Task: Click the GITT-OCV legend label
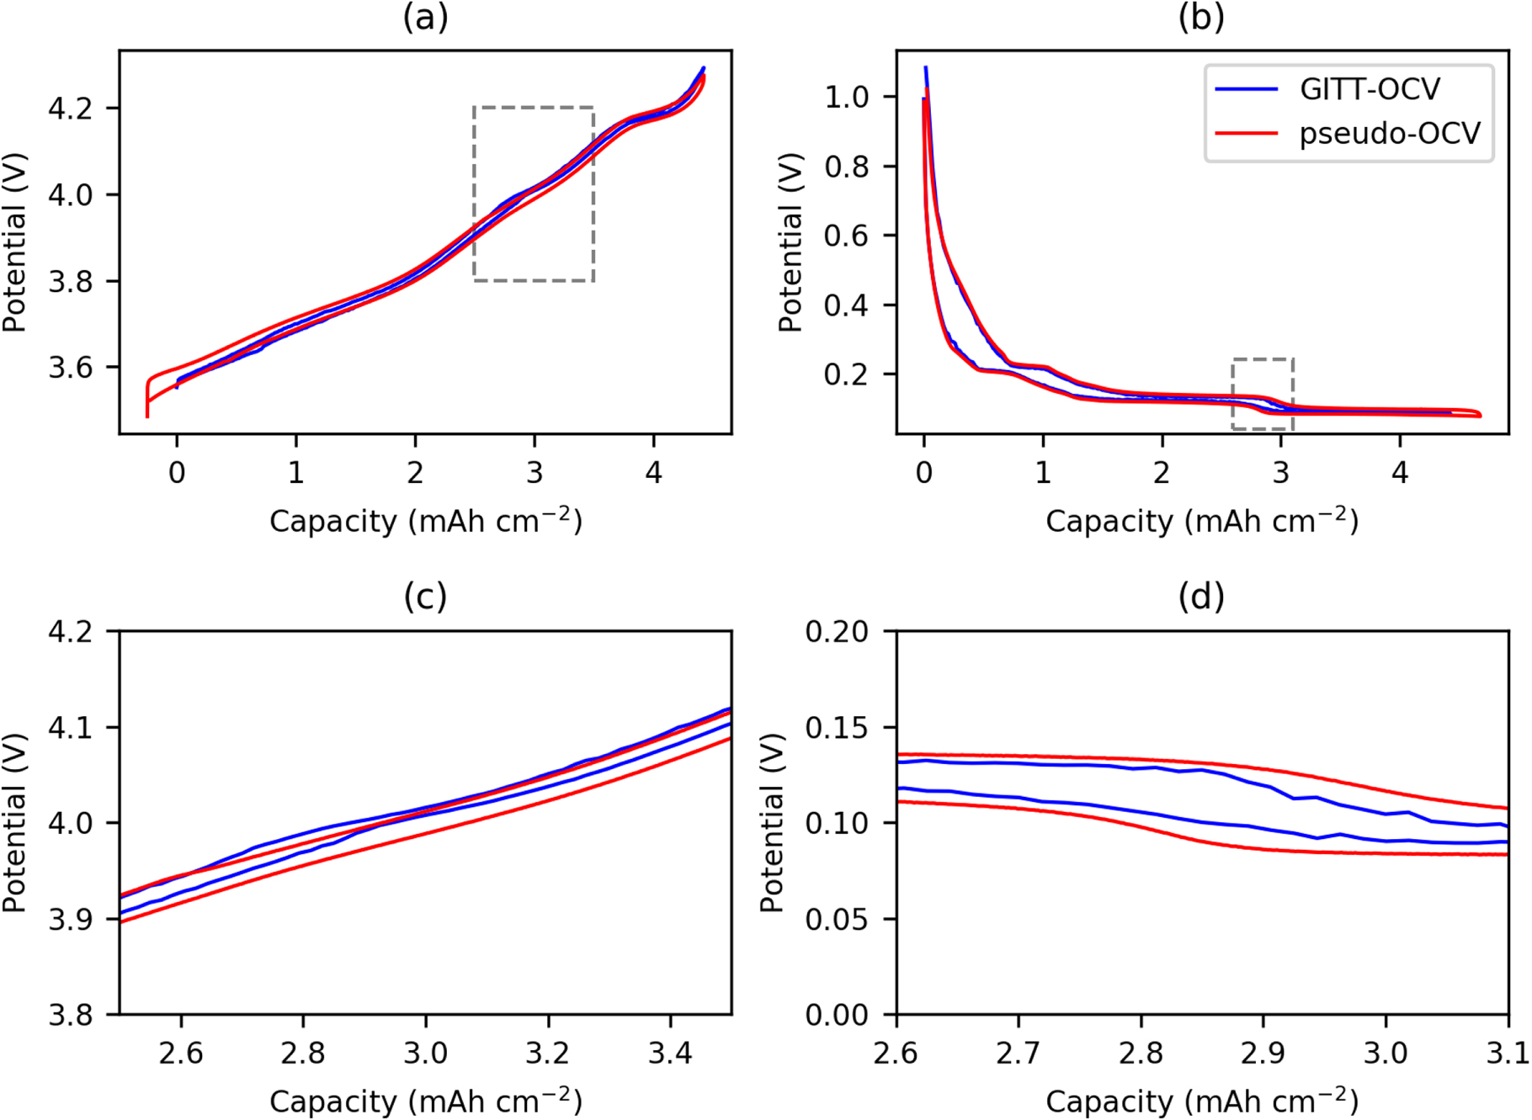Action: (1370, 89)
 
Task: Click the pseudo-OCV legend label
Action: (1389, 133)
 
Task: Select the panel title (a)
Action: (425, 18)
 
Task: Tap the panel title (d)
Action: (1201, 597)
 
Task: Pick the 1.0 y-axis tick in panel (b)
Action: (846, 98)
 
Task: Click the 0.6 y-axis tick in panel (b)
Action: (846, 236)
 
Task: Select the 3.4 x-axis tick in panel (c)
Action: (670, 1052)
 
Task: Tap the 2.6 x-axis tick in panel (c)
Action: (181, 1052)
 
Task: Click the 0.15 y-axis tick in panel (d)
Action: (837, 727)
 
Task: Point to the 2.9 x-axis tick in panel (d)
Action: (1263, 1052)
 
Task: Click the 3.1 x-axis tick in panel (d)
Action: (1507, 1052)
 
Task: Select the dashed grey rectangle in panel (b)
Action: (1263, 360)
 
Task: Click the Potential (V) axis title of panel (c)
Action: (14, 823)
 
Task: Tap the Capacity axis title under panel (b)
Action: (1201, 521)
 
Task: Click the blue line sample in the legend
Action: (1246, 89)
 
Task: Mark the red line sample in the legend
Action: (1246, 133)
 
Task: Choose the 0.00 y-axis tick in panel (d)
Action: (837, 1016)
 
